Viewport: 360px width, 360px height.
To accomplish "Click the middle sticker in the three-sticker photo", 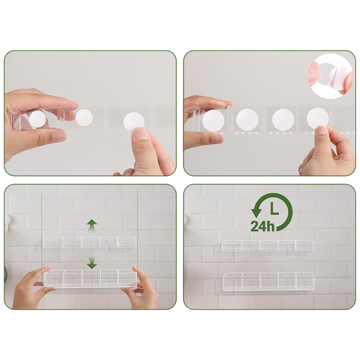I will [x=84, y=117].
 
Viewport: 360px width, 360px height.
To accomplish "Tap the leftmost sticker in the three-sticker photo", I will [x=37, y=119].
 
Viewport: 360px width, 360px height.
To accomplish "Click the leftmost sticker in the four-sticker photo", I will [x=213, y=120].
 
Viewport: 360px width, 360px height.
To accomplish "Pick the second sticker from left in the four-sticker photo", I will [x=247, y=120].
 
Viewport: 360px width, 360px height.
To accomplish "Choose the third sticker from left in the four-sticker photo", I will [x=283, y=120].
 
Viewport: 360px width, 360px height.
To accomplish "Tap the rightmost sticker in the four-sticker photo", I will [x=318, y=118].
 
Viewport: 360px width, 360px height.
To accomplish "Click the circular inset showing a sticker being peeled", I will [x=332, y=76].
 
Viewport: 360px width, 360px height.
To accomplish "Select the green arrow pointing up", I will [x=92, y=225].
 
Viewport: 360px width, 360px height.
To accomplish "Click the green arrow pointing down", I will [x=92, y=264].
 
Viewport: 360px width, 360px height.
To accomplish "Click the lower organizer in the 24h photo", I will [x=269, y=281].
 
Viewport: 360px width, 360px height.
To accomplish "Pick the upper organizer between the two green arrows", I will [x=90, y=242].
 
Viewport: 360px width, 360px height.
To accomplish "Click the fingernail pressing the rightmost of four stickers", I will [x=321, y=130].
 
